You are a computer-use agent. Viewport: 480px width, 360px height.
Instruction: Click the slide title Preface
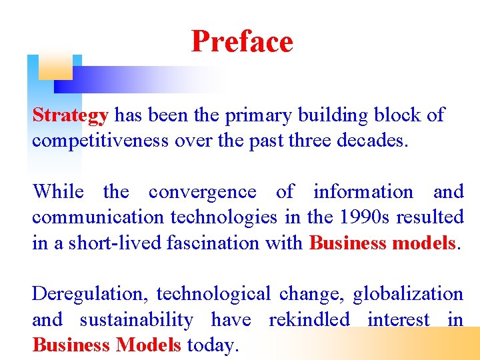coord(241,41)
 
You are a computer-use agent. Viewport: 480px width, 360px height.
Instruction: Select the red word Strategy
coord(70,115)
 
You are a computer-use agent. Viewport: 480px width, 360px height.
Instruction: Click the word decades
coord(370,141)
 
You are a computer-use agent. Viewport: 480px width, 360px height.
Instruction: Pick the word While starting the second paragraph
coord(58,192)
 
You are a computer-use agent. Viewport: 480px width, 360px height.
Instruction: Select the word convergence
coord(202,192)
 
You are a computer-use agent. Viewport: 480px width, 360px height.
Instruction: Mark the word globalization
coord(407,294)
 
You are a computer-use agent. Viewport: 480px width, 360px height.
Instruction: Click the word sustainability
coord(136,319)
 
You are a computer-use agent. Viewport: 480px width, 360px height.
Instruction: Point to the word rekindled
coord(309,319)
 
